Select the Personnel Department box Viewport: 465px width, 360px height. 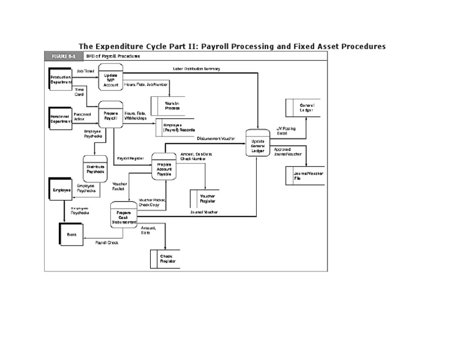pos(61,118)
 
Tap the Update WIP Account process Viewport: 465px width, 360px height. pos(111,78)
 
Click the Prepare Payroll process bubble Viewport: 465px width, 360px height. pos(111,116)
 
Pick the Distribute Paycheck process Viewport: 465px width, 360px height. pos(95,168)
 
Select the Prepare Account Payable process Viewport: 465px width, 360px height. pos(164,168)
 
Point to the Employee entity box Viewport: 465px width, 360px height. pos(62,190)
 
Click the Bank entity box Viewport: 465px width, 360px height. pos(71,234)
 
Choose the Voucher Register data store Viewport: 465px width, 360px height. pos(208,199)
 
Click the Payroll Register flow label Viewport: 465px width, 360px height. pos(130,158)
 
